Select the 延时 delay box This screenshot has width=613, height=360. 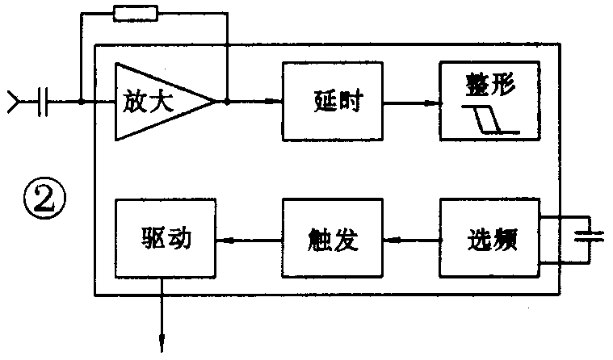pyautogui.click(x=334, y=102)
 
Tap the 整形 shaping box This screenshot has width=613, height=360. pyautogui.click(x=489, y=101)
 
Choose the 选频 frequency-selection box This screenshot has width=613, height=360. pyautogui.click(x=489, y=240)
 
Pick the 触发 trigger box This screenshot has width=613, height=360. pyautogui.click(x=334, y=240)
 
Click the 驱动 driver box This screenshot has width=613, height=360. pyautogui.click(x=166, y=240)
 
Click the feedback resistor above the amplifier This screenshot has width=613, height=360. pyautogui.click(x=136, y=13)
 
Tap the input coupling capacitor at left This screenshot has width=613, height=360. pyautogui.click(x=44, y=102)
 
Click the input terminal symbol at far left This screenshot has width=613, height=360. pyautogui.click(x=15, y=102)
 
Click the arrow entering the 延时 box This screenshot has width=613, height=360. pyautogui.click(x=275, y=102)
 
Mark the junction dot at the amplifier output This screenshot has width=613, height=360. pyautogui.click(x=228, y=102)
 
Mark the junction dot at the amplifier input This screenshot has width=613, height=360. pyautogui.click(x=82, y=102)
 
